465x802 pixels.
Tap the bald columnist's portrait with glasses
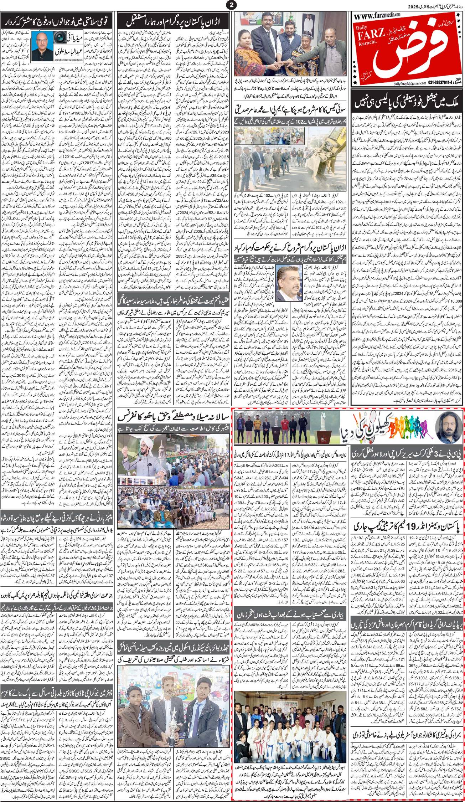[x=41, y=45]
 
